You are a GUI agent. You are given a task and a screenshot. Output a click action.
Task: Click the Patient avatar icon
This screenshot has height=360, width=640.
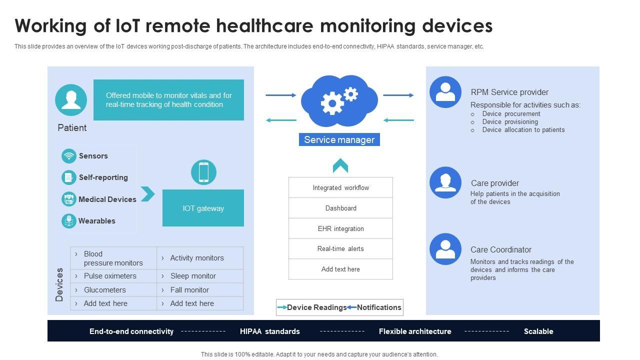click(71, 100)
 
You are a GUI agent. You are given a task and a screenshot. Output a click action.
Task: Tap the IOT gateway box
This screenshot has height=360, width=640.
click(203, 208)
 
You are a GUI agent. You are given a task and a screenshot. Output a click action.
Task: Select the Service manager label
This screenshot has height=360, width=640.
click(339, 140)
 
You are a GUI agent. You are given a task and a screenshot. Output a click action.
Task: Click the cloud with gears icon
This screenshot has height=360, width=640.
click(339, 100)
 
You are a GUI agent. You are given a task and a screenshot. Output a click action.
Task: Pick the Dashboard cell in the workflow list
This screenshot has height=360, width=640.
click(340, 208)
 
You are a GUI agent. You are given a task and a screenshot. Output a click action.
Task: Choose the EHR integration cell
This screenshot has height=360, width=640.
click(340, 228)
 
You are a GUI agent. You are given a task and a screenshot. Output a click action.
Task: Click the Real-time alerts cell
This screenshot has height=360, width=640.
click(340, 248)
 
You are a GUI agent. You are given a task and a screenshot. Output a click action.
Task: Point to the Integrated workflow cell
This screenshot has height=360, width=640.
click(340, 187)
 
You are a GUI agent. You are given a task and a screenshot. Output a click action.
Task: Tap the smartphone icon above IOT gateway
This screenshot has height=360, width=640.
click(203, 172)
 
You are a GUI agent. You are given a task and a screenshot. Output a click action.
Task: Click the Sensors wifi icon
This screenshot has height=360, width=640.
click(69, 156)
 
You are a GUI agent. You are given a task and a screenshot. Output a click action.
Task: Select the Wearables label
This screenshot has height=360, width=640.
click(97, 220)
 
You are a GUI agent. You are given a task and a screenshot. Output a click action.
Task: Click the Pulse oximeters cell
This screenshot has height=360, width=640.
click(113, 276)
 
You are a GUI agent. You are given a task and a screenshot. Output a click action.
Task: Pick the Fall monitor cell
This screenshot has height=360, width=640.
click(200, 290)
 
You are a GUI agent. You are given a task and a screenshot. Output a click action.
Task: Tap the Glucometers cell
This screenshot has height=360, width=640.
click(113, 290)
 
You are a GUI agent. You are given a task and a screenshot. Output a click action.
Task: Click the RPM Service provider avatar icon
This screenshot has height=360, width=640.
click(445, 92)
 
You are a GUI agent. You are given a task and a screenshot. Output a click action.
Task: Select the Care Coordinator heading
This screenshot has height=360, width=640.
click(500, 249)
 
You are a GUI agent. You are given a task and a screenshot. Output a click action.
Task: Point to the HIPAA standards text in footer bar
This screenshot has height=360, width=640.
click(270, 331)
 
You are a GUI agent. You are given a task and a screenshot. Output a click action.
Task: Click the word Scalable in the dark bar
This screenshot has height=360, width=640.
click(538, 331)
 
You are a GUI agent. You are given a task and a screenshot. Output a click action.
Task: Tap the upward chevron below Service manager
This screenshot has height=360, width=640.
click(340, 165)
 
